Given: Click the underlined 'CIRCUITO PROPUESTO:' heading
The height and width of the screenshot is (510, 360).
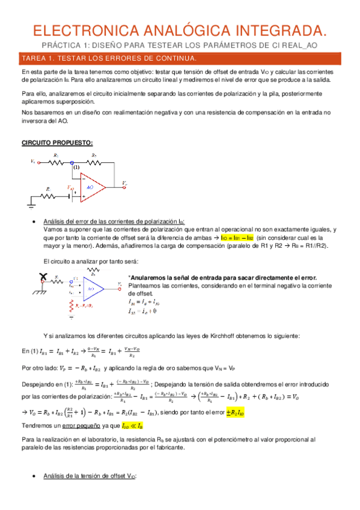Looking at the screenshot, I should pyautogui.click(x=57, y=143).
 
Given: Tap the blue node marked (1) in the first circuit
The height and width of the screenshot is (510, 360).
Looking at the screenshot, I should pyautogui.click(x=73, y=162).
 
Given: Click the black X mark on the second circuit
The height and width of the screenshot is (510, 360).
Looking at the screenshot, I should pyautogui.click(x=42, y=278).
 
